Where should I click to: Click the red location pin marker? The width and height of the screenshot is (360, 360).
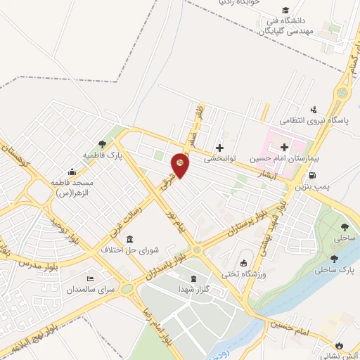(181, 165)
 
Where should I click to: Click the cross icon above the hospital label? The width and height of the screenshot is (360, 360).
(284, 147)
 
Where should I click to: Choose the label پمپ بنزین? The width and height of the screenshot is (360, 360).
(311, 188)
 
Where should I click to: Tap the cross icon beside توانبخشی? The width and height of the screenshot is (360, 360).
(221, 148)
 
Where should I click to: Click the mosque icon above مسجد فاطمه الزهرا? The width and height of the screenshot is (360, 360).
(71, 172)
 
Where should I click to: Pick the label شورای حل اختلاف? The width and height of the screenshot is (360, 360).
(131, 250)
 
